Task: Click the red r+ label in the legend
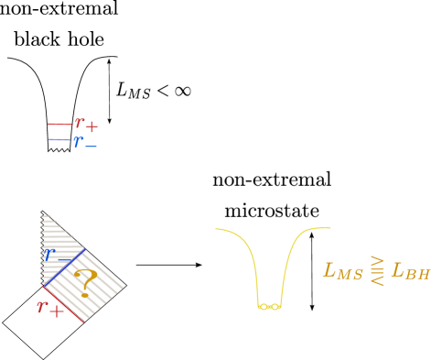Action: point(85,124)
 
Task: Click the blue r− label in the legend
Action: point(84,142)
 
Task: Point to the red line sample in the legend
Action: point(60,124)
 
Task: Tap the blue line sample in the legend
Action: point(59,139)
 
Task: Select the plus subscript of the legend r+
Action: point(92,126)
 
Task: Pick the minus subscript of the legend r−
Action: point(91,146)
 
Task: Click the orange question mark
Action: point(86,281)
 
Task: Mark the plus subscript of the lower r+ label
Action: point(57,311)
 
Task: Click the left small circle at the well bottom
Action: point(264,307)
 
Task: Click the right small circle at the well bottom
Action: point(275,307)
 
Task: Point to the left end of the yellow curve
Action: point(216,229)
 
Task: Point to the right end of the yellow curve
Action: point(330,227)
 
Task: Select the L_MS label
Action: point(343,271)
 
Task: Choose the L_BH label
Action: point(410,270)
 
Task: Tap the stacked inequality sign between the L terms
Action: point(377,270)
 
